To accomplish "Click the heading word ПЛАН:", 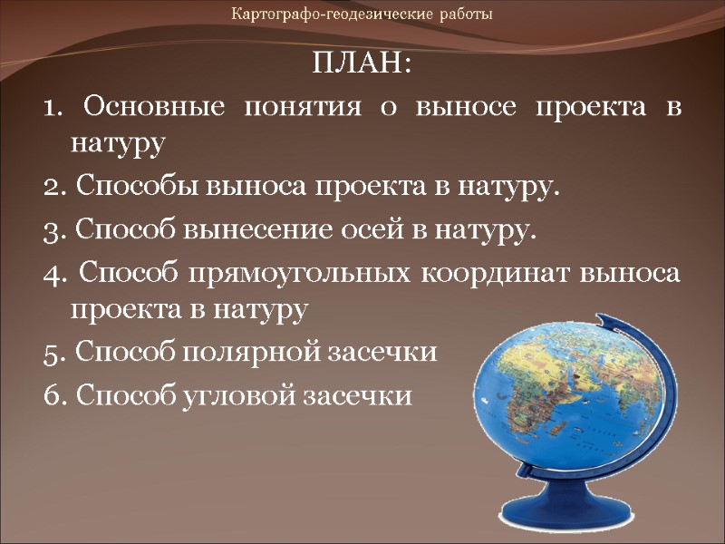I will pos(362,66).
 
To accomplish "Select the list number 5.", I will pos(50,353).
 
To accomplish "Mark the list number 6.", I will pos(50,394).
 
